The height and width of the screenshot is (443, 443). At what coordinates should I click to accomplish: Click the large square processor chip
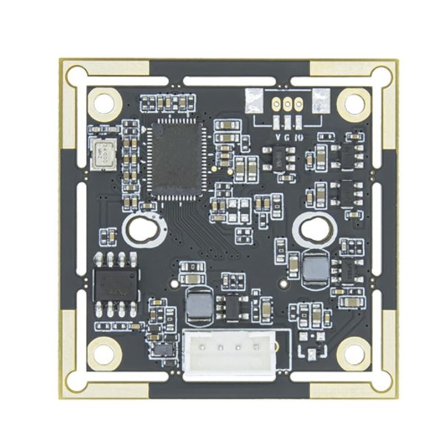tap(177, 159)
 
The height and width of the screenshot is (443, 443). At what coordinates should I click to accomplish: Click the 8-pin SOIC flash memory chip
tap(116, 285)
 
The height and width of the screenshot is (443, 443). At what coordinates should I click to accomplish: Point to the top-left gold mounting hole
tap(104, 103)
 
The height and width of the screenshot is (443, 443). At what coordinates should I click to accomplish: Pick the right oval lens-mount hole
tap(315, 229)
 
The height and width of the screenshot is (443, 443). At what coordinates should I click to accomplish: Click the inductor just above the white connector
tap(199, 305)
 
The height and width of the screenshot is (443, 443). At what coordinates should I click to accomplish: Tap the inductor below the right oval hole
tap(316, 267)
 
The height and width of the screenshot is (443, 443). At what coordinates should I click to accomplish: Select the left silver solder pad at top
tap(254, 101)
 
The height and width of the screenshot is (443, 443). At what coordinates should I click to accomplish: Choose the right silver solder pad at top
tap(321, 101)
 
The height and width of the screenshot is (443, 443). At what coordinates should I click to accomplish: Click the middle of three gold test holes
tap(287, 102)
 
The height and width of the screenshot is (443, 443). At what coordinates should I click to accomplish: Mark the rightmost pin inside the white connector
tap(256, 348)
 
